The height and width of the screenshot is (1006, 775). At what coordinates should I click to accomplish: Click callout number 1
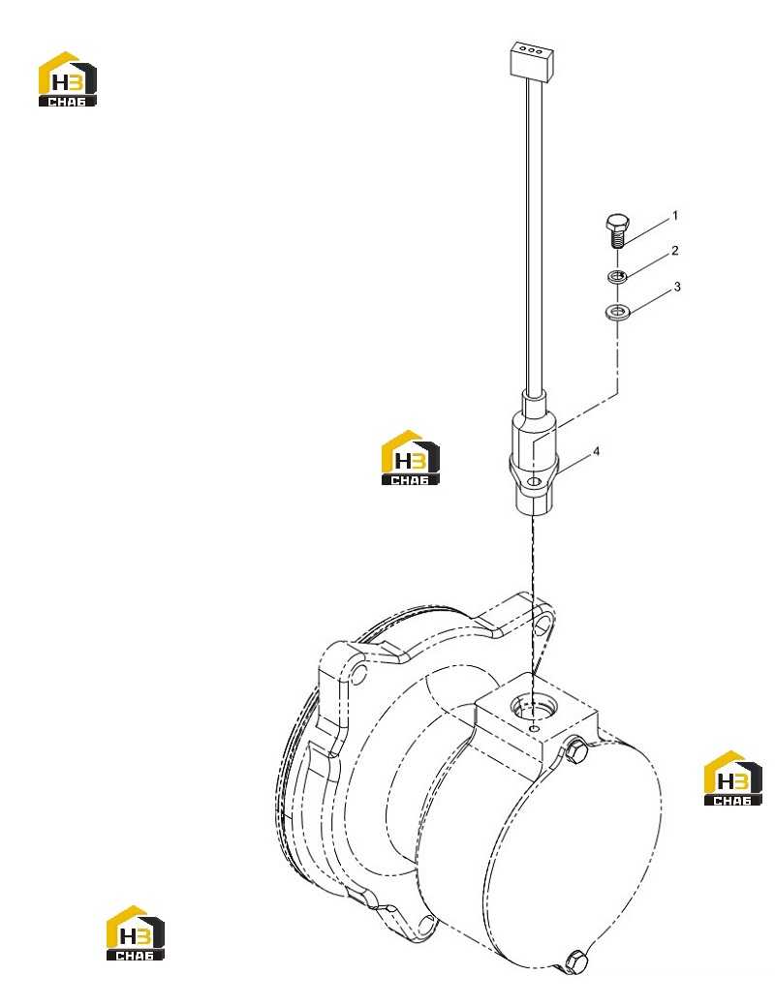(x=675, y=216)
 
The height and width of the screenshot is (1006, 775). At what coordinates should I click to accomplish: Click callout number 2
(x=675, y=251)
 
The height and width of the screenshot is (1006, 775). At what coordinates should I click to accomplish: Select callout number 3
(x=677, y=287)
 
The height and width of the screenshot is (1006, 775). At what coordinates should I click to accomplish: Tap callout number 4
(x=597, y=451)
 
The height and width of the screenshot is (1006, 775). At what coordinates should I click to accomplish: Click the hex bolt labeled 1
(x=617, y=231)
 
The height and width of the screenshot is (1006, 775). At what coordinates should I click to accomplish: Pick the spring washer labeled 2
(x=618, y=277)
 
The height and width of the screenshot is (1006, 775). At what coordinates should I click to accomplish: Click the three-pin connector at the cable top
(x=531, y=62)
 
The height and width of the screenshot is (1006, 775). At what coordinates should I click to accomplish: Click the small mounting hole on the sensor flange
(x=532, y=481)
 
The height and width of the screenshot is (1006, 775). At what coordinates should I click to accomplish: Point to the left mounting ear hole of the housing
(x=360, y=674)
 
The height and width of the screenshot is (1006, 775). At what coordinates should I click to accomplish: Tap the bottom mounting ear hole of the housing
(x=425, y=924)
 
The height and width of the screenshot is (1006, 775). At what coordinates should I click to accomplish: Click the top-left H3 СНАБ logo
(x=68, y=79)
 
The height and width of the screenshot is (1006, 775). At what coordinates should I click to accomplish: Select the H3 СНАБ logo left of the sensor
(x=411, y=457)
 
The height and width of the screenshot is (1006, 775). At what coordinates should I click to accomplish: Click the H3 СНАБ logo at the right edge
(x=732, y=777)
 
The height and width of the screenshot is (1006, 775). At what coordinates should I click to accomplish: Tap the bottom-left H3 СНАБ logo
(x=135, y=932)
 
